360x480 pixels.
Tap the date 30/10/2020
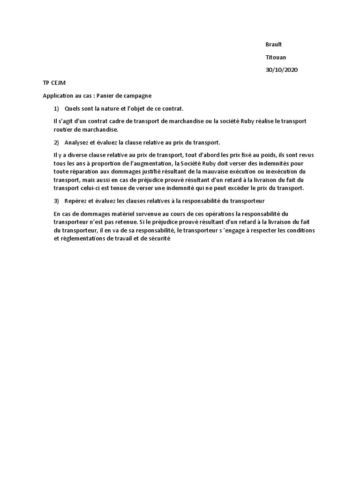281,70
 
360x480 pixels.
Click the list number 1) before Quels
57,108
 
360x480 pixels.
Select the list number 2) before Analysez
57,142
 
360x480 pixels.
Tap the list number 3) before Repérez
57,201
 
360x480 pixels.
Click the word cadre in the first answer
114,121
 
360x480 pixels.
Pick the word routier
64,129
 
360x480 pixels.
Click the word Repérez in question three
76,201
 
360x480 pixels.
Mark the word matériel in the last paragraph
123,214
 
